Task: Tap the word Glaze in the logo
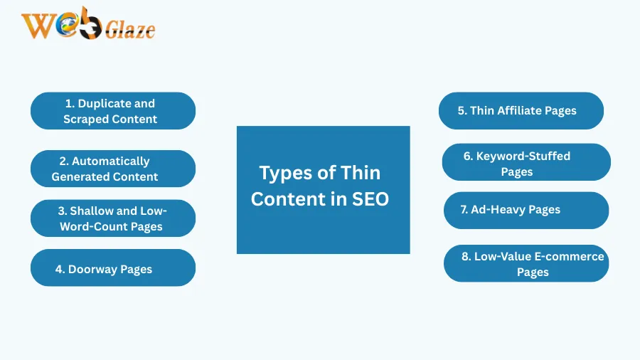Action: click(130, 31)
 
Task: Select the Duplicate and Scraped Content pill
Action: click(112, 111)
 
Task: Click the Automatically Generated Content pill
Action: click(112, 169)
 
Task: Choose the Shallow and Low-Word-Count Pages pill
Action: click(112, 218)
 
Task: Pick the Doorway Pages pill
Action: click(112, 268)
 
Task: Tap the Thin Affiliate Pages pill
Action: click(521, 110)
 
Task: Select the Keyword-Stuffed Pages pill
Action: click(526, 163)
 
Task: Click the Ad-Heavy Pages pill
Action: click(526, 210)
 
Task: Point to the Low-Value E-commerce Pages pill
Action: click(526, 263)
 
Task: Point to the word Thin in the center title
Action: click(361, 173)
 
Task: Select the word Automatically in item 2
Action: click(110, 162)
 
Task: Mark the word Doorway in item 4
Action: click(90, 269)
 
